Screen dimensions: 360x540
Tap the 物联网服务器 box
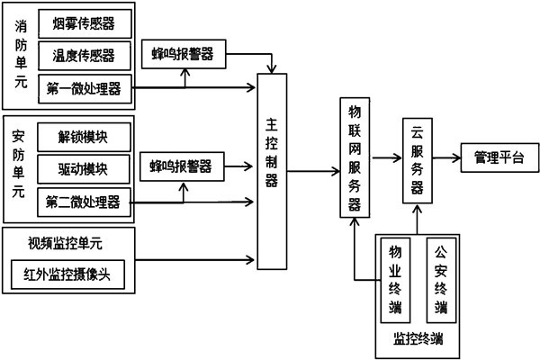pos(355,155)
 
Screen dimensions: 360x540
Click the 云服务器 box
pos(417,159)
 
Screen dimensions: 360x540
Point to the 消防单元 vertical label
pos(21,54)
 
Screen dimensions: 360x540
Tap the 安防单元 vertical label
pos(21,166)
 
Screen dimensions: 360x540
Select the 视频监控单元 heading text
pos(67,241)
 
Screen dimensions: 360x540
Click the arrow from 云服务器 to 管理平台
pos(446,157)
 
